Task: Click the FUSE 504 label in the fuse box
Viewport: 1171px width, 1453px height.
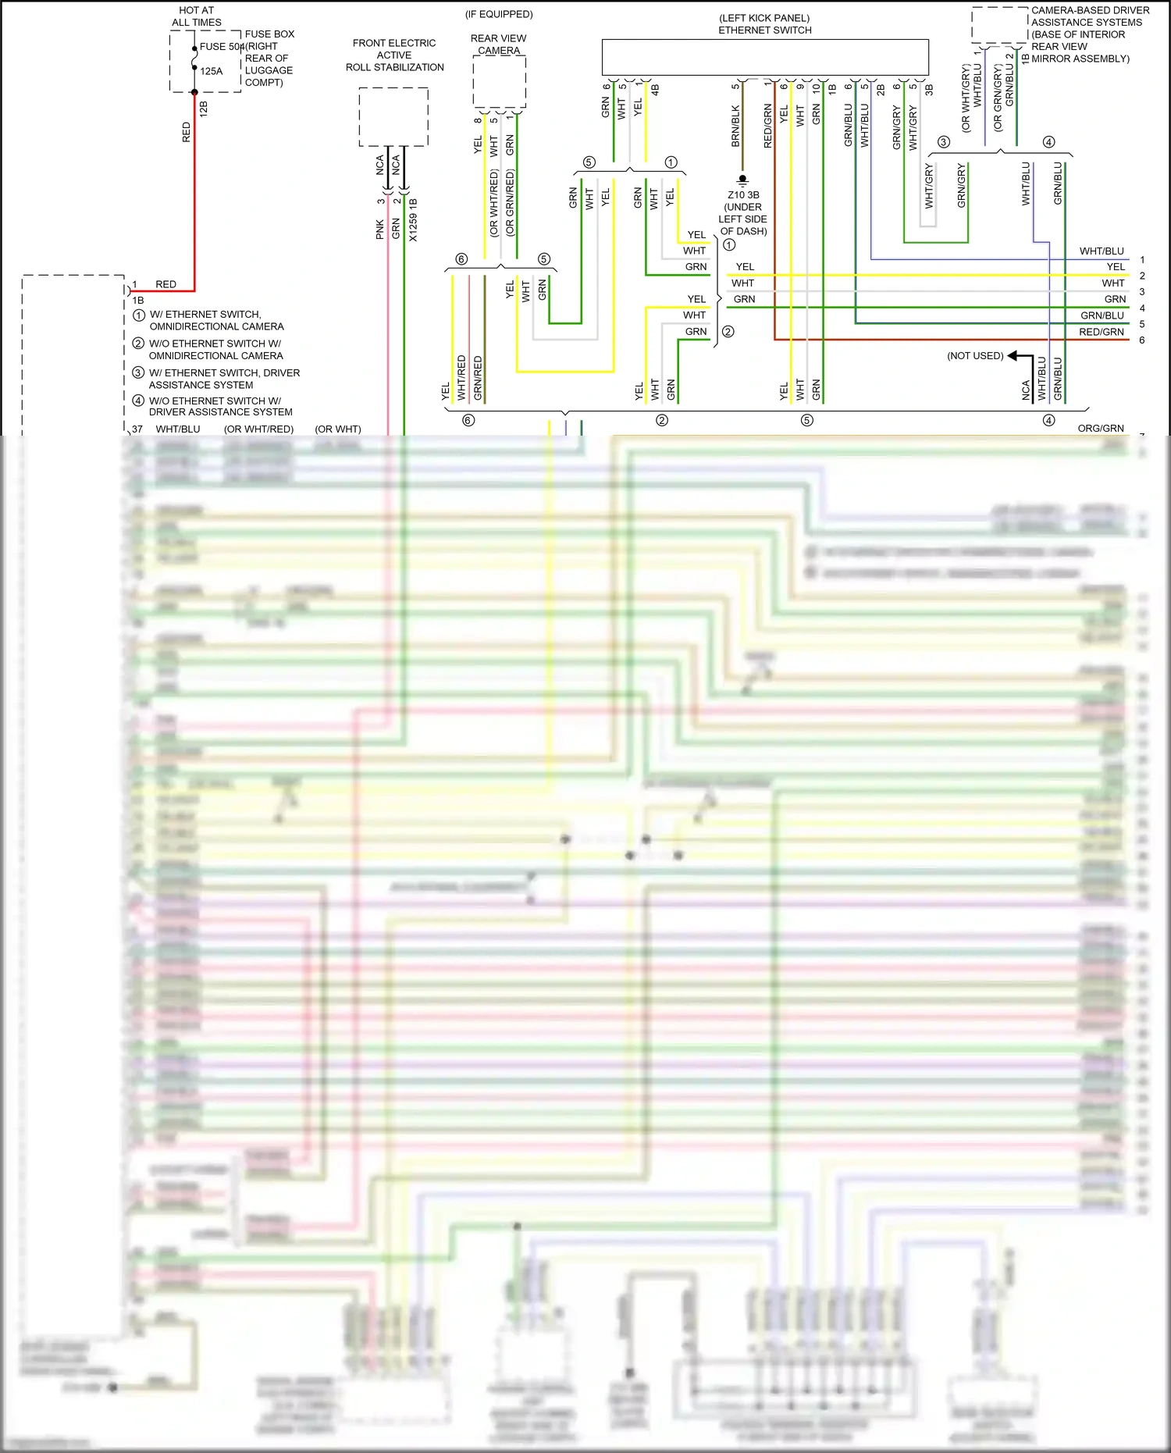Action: tap(222, 47)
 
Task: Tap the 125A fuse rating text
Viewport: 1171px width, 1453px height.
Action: tap(212, 71)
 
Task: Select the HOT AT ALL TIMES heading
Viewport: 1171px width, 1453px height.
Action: tap(197, 16)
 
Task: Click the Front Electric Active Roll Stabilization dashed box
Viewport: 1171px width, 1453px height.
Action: tap(393, 116)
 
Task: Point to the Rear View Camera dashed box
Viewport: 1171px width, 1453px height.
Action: tap(499, 81)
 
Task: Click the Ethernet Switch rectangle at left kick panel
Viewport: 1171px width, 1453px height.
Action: tap(765, 58)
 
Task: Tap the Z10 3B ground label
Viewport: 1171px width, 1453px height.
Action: tap(743, 195)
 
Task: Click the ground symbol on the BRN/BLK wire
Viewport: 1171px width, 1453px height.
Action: tap(742, 180)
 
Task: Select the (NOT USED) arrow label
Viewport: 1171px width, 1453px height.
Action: tap(975, 356)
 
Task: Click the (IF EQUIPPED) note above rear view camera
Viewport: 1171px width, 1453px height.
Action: tap(499, 14)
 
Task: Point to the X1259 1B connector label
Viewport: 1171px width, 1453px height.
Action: tap(413, 220)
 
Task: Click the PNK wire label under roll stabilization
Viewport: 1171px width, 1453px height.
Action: tap(379, 229)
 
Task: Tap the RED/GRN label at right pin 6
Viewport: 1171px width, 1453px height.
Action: tap(1101, 332)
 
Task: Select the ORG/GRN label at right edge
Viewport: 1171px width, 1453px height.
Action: tap(1101, 429)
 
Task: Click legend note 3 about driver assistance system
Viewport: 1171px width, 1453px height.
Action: tap(223, 379)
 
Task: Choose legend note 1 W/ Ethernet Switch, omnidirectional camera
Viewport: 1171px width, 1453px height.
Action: tap(215, 320)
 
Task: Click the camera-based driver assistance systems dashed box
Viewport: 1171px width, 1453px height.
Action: tap(999, 26)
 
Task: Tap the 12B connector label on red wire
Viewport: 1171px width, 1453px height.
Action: tap(204, 108)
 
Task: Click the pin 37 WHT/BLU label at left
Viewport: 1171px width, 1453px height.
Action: tap(177, 429)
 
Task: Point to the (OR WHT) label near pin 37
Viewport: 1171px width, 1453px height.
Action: tap(338, 429)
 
